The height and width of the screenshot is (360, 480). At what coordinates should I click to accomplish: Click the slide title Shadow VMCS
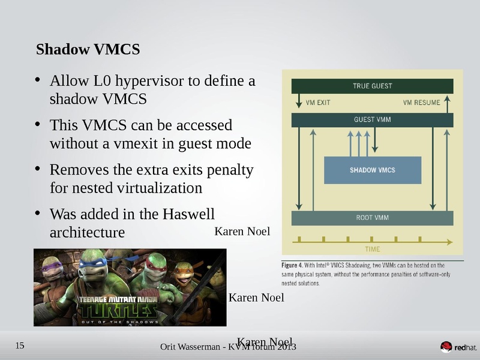(88, 50)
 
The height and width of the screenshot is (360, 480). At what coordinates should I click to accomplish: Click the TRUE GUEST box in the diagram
(372, 86)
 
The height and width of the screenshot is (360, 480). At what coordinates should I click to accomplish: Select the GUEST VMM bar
(372, 119)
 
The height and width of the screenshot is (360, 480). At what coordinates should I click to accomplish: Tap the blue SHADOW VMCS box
(373, 170)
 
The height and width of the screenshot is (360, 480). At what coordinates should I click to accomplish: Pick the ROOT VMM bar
(372, 218)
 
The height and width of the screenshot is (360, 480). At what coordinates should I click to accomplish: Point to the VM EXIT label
(318, 103)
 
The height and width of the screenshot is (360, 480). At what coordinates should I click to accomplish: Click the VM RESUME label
(421, 103)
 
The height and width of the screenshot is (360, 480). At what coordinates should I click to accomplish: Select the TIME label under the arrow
(373, 249)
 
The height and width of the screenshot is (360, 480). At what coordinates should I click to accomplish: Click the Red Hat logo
(459, 347)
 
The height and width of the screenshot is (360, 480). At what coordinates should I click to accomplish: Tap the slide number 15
(19, 345)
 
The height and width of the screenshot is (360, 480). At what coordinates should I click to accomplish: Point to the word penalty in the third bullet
(229, 170)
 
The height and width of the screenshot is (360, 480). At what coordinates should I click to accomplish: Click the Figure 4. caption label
(294, 265)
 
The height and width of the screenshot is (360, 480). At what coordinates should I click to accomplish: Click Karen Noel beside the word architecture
(242, 232)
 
